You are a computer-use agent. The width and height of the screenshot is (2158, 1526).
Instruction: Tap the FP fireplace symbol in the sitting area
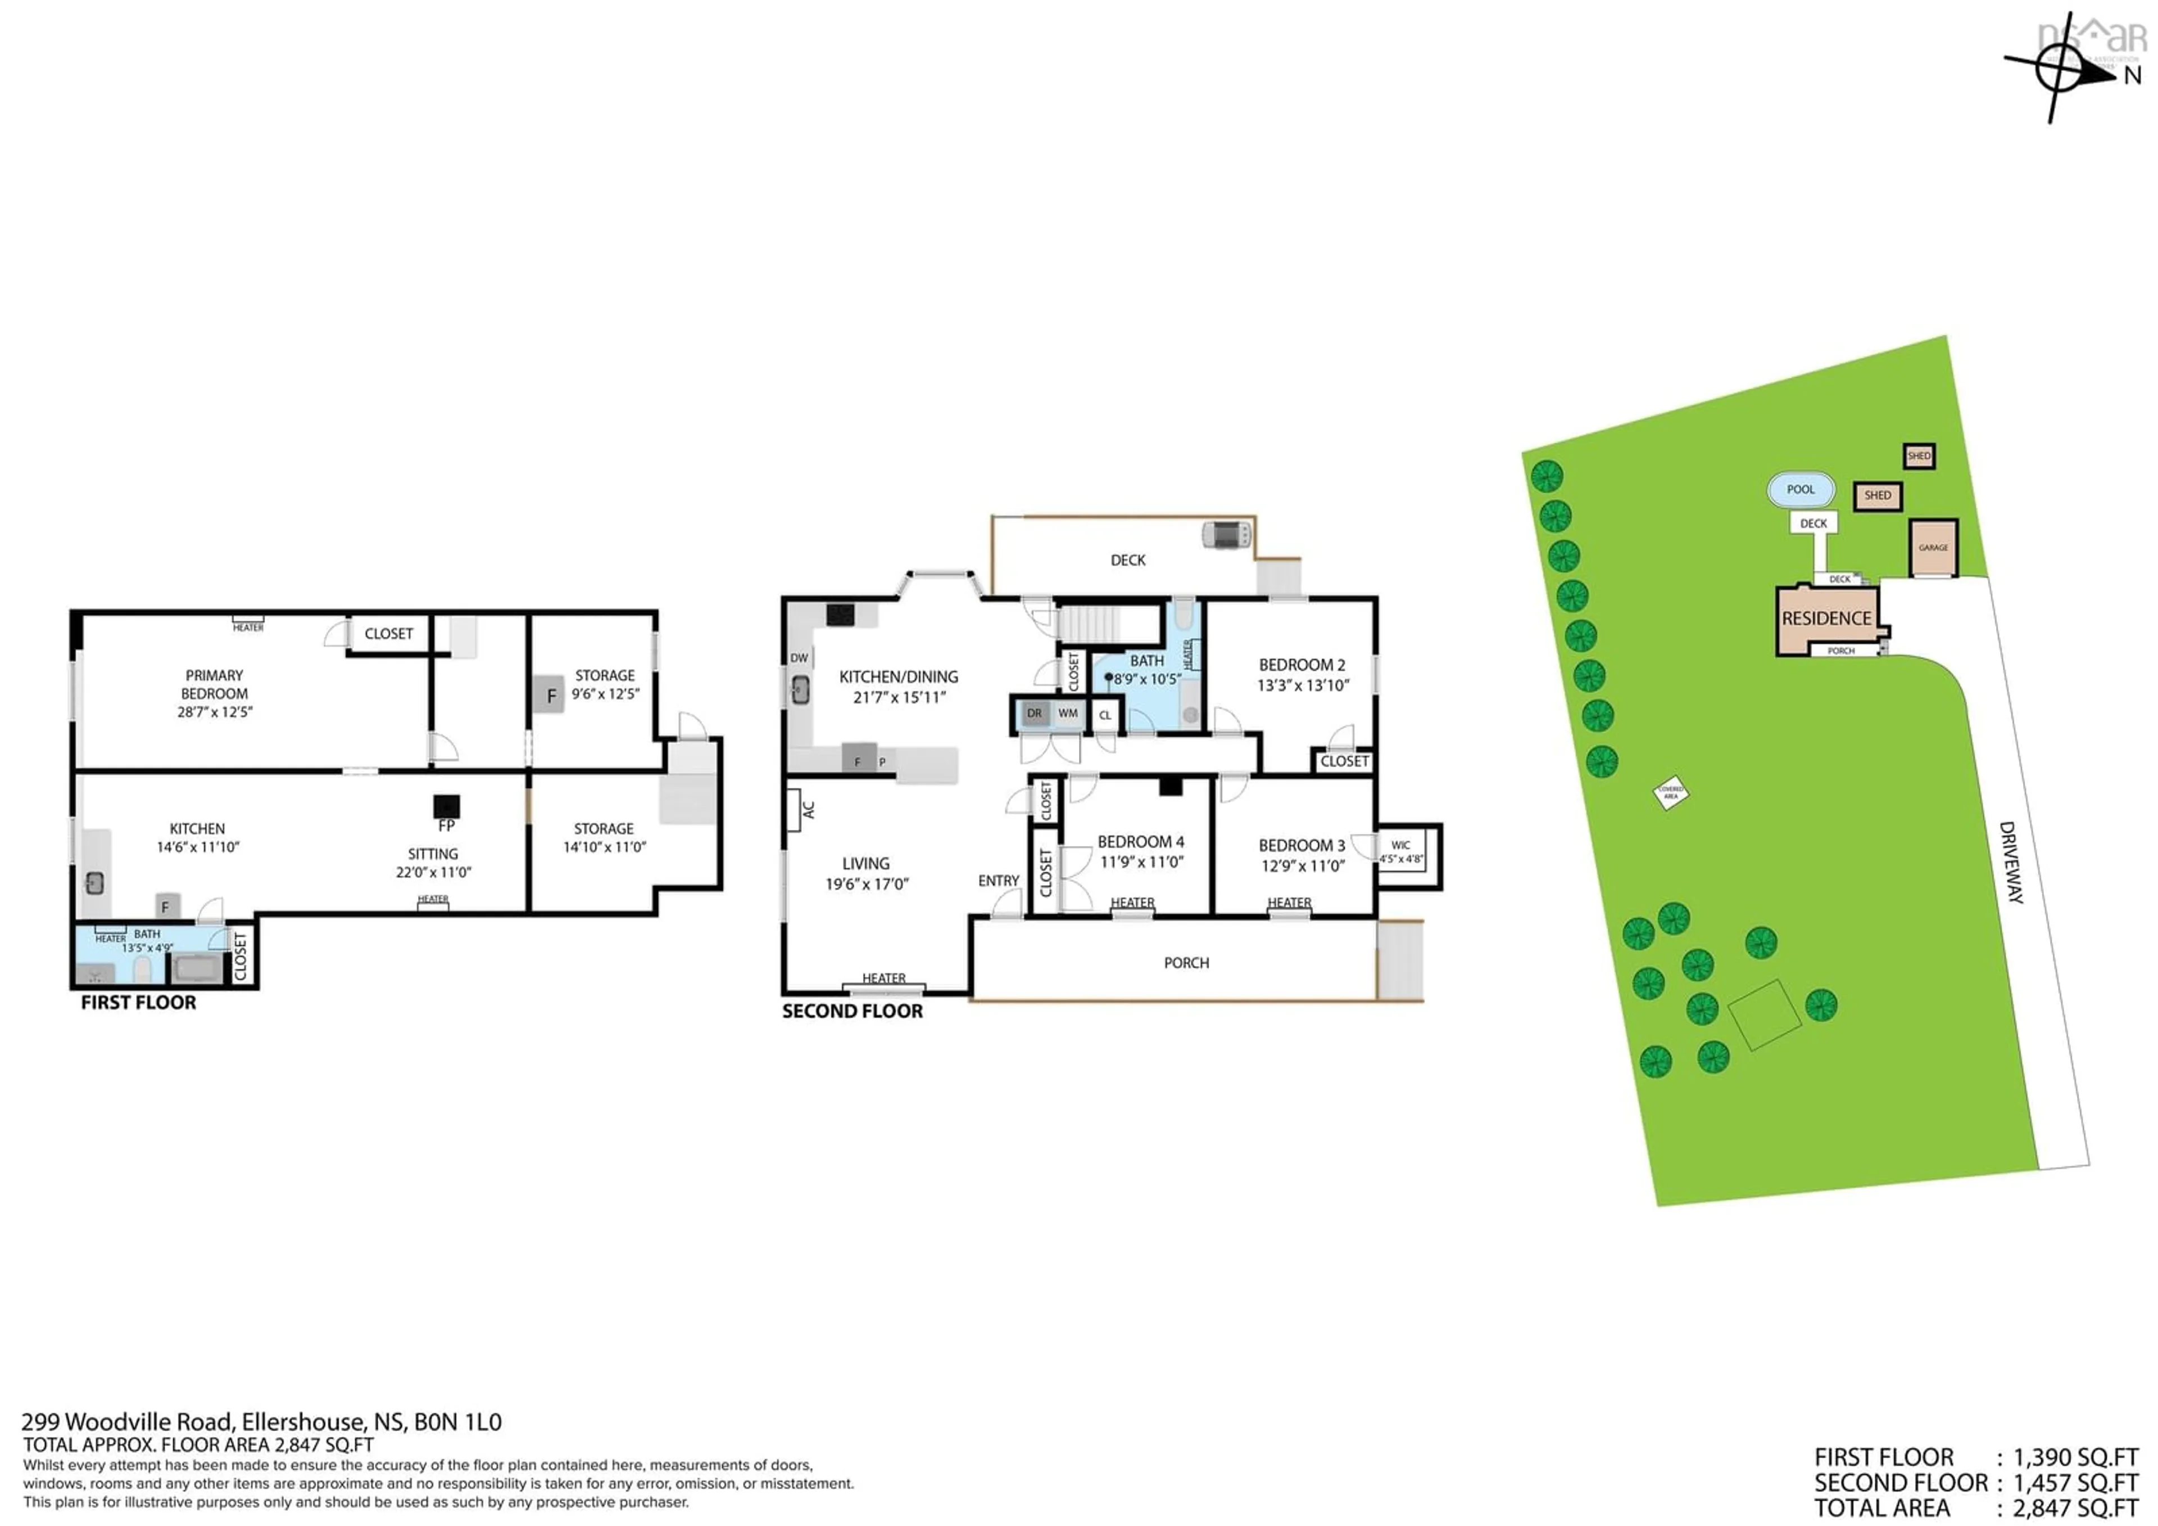pyautogui.click(x=446, y=807)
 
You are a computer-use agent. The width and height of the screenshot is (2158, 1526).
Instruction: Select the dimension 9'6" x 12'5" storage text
pyautogui.click(x=605, y=694)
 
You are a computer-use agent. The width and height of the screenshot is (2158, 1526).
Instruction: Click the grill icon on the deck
pyautogui.click(x=1227, y=535)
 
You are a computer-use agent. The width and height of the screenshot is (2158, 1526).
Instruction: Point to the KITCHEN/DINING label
pyautogui.click(x=899, y=677)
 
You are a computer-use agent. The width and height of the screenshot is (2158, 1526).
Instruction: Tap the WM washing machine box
pyautogui.click(x=1068, y=714)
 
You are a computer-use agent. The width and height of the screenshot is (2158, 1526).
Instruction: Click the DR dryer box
pyautogui.click(x=1034, y=714)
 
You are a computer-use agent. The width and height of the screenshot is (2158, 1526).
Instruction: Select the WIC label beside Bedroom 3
pyautogui.click(x=1400, y=845)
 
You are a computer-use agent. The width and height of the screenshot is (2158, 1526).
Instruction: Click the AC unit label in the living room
pyautogui.click(x=808, y=810)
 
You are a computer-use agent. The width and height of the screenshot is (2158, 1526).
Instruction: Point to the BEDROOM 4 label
pyautogui.click(x=1140, y=842)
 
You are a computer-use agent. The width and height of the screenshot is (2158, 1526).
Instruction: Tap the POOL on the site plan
pyautogui.click(x=1801, y=490)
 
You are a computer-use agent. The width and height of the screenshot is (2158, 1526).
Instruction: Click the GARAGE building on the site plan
pyautogui.click(x=1933, y=548)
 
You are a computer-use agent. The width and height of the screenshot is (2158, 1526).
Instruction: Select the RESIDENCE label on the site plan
pyautogui.click(x=1826, y=618)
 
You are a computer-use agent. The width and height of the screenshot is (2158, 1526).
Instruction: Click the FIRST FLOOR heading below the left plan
pyautogui.click(x=138, y=1003)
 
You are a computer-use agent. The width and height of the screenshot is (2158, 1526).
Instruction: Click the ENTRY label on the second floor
pyautogui.click(x=998, y=881)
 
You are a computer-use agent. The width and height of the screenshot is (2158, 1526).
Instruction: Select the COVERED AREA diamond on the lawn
pyautogui.click(x=1670, y=793)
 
